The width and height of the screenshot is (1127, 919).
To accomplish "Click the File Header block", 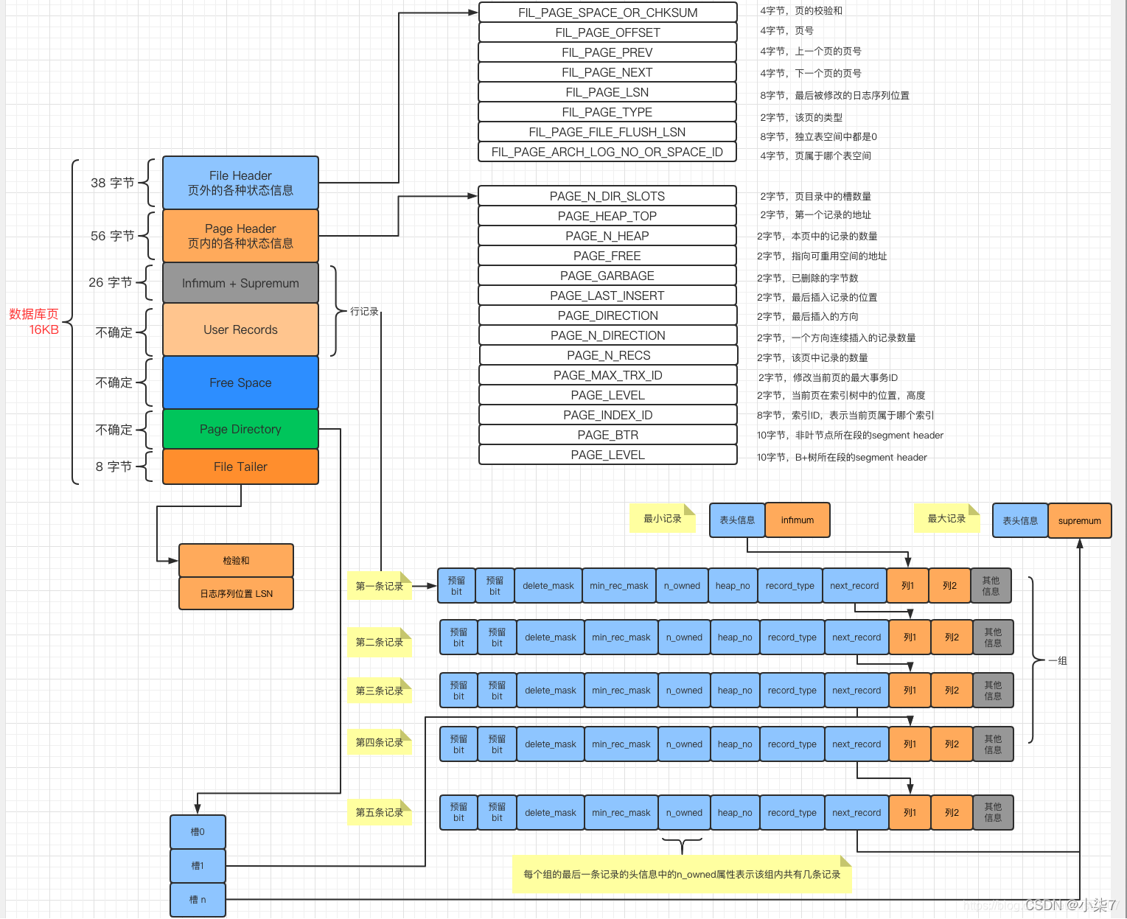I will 240,183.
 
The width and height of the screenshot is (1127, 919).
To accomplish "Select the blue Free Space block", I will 240,382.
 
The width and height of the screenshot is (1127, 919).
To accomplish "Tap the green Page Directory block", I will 240,429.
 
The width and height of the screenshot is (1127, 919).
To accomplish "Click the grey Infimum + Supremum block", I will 240,283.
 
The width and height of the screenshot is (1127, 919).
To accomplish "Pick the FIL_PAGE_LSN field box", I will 607,92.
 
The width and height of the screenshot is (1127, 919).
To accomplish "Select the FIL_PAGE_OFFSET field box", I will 607,32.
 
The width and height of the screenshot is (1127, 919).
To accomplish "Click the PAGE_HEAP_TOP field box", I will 607,216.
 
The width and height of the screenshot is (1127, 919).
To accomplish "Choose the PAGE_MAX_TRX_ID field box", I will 607,375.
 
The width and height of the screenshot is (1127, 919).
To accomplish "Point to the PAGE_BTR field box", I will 607,435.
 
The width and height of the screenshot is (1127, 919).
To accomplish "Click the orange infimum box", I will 798,520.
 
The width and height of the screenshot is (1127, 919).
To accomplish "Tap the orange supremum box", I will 1079,521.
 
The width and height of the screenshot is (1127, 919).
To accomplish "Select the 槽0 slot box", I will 198,832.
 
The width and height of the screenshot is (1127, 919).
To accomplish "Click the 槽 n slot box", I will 198,900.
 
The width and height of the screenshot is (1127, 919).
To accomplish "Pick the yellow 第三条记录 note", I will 379,691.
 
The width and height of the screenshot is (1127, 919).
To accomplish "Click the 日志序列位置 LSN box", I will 236,593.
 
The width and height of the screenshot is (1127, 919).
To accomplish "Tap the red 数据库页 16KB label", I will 34,322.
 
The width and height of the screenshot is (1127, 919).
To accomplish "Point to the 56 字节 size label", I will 112,236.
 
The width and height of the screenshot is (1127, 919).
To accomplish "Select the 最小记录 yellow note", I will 661,519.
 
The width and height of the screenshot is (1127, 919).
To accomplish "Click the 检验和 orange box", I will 236,561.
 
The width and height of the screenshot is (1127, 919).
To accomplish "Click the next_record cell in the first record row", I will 854,586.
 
